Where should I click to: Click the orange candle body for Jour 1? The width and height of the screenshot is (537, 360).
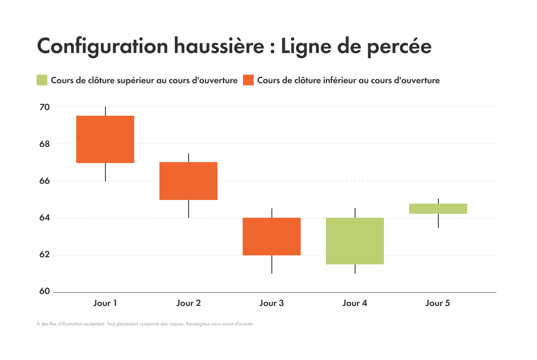coord(105,139)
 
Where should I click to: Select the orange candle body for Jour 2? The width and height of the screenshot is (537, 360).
coord(188,181)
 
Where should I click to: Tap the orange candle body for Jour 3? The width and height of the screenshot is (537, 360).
coord(272,237)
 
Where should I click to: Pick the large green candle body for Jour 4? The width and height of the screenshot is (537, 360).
coord(355,241)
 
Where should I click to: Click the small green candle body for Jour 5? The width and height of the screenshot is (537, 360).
coord(438,209)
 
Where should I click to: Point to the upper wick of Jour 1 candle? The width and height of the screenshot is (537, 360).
coord(105,111)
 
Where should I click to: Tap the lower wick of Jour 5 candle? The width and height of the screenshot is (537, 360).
coord(438,220)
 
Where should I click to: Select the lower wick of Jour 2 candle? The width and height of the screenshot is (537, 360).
coord(189,209)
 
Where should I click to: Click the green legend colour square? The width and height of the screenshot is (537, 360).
coord(42,80)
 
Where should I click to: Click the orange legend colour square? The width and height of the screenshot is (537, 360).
coord(248,80)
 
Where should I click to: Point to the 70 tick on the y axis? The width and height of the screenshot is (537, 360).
coord(44,107)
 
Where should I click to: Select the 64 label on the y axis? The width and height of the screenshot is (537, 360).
coord(44,218)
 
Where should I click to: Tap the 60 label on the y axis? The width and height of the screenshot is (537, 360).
coord(44,291)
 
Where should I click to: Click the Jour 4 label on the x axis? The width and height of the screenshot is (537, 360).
coord(355,303)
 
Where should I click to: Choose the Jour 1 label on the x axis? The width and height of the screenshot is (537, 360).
coord(105,303)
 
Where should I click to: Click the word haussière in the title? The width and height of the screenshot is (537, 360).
coord(219,46)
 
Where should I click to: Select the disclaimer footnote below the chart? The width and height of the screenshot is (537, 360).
coord(145,324)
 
